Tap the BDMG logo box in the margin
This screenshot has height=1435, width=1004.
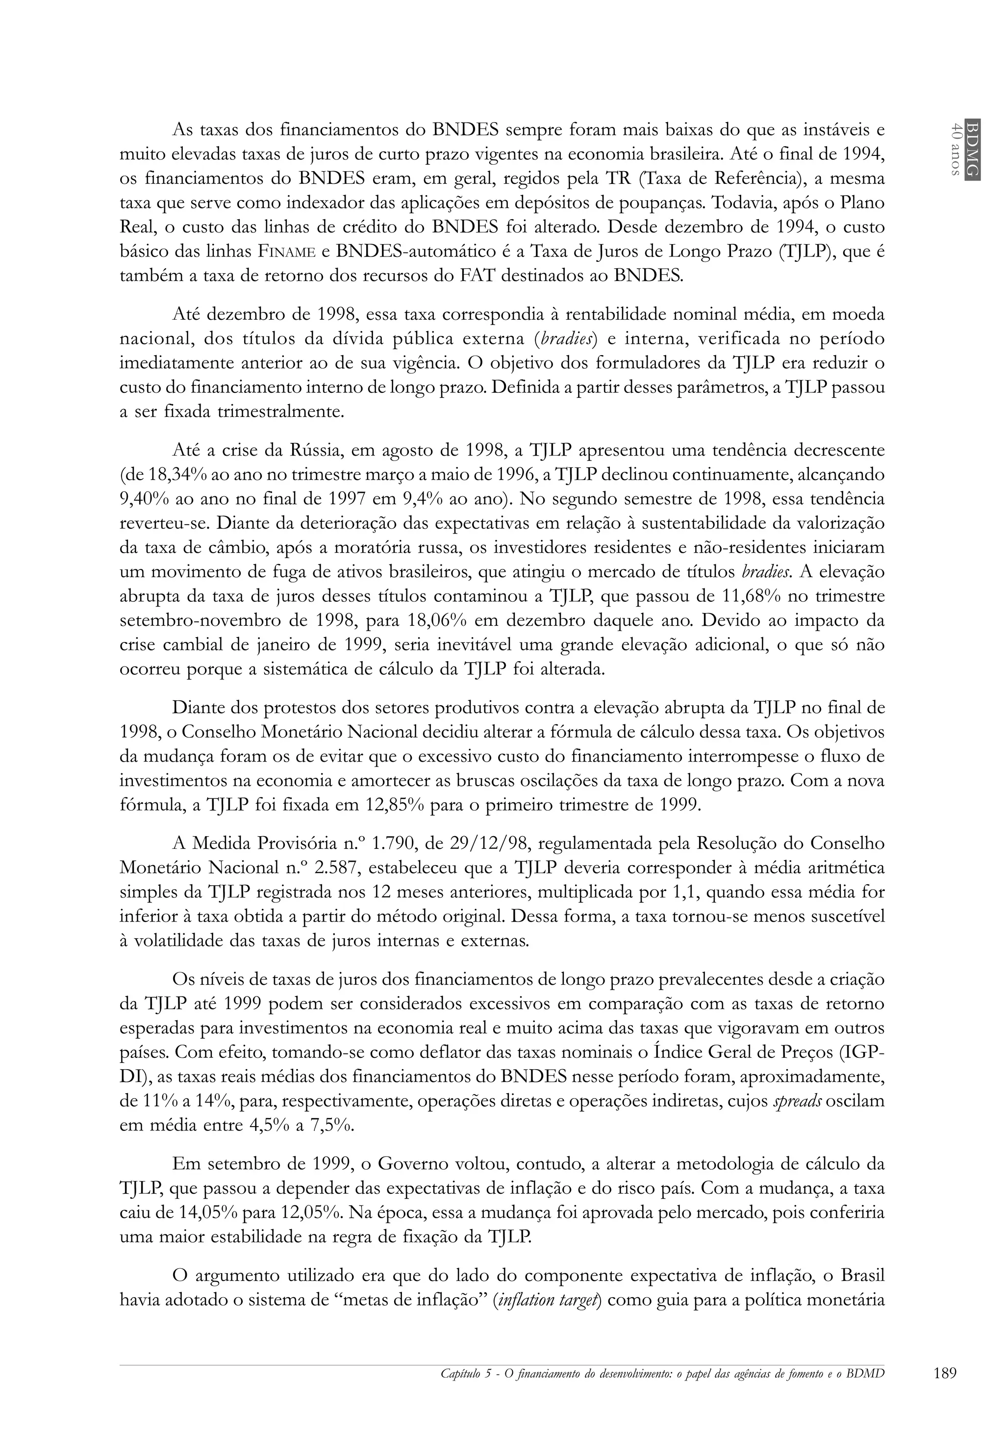point(972,149)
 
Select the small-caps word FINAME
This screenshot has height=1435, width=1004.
point(287,252)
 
